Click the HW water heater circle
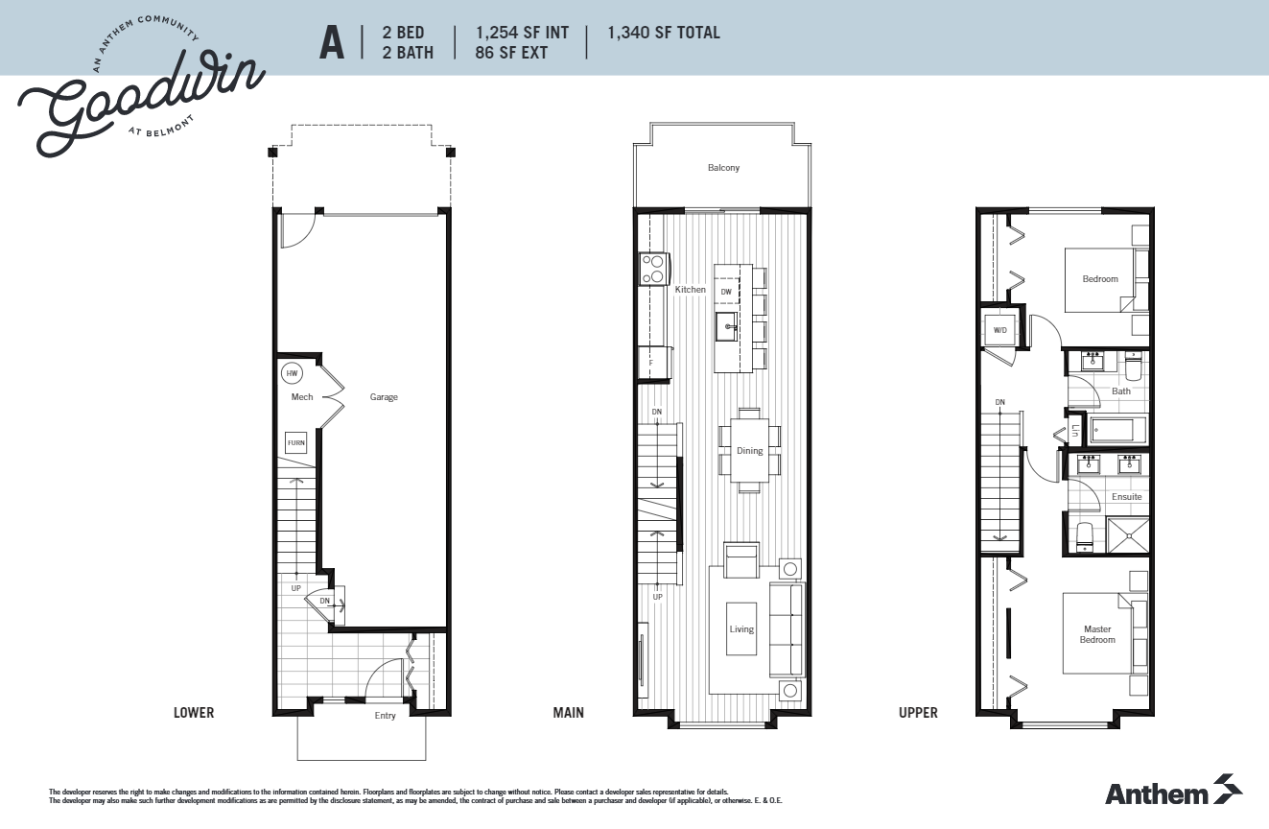tap(291, 372)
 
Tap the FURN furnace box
tap(295, 443)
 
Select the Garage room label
tap(384, 397)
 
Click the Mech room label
tap(302, 397)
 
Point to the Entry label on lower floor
tap(385, 716)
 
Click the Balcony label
tap(723, 168)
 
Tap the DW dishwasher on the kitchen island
tap(726, 291)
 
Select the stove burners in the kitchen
tap(654, 269)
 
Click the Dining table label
tap(749, 451)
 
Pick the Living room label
tap(741, 629)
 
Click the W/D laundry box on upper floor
tap(1000, 330)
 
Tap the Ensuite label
tap(1126, 497)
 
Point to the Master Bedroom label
tap(1097, 635)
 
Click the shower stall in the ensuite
tap(1128, 535)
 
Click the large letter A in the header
tap(332, 43)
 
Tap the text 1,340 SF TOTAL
tap(663, 34)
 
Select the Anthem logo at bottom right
tap(1173, 792)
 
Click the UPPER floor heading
tap(918, 713)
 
